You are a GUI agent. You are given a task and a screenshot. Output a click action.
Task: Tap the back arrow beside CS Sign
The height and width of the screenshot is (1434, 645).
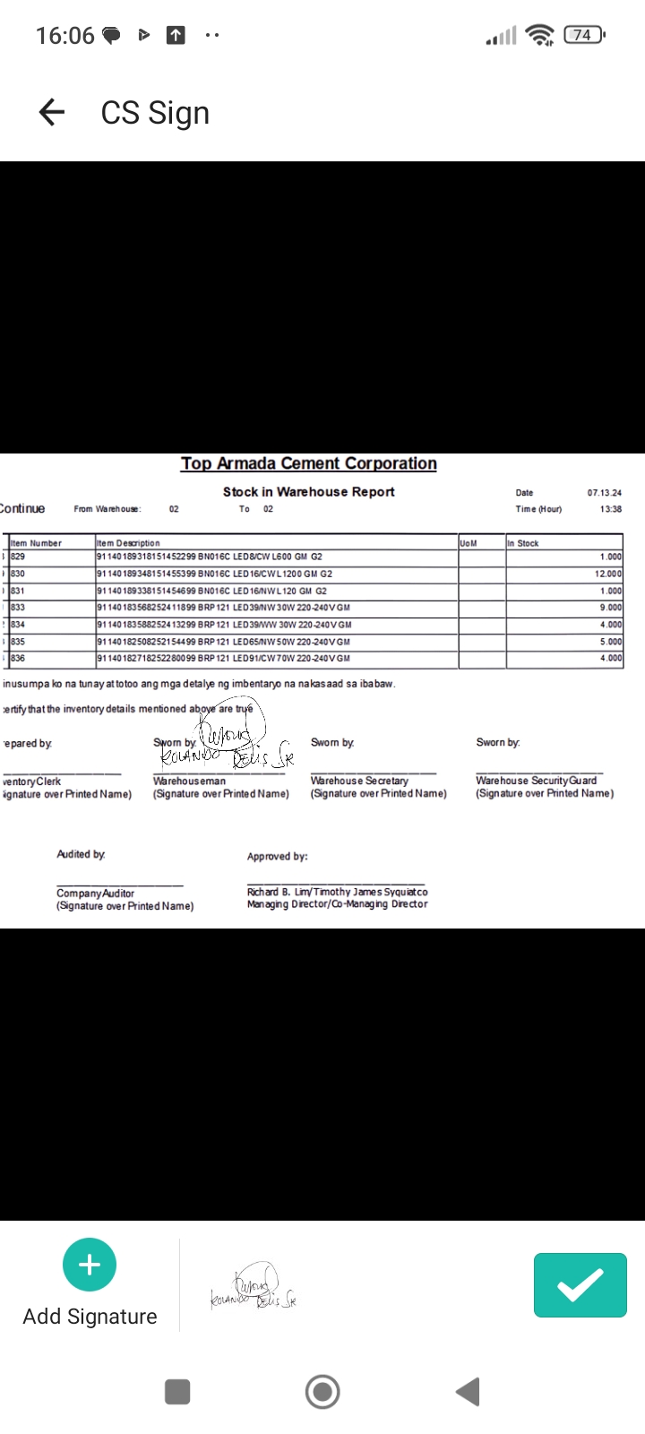pos(52,112)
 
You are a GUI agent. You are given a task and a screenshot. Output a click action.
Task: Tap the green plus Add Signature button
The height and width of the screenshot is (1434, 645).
pos(90,1265)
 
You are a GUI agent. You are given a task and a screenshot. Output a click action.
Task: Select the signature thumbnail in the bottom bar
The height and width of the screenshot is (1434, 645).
pos(253,1288)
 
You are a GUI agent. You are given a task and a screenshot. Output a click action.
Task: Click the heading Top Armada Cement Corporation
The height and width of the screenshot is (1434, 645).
pos(309,463)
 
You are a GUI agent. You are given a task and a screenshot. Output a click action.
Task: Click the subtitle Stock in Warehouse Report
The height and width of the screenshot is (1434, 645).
pos(309,492)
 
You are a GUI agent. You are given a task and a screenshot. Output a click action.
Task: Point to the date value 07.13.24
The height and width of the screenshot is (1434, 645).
pos(605,493)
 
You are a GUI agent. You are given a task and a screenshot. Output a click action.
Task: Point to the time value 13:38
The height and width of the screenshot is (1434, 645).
pos(611,509)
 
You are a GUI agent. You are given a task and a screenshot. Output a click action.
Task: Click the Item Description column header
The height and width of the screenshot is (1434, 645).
pos(128,543)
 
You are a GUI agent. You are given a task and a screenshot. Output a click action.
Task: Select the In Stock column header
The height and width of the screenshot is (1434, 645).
pos(523,543)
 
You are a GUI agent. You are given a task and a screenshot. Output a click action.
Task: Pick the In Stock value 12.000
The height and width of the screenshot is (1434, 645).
pos(608,574)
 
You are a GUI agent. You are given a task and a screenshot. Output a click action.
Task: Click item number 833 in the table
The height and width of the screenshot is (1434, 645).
pos(18,608)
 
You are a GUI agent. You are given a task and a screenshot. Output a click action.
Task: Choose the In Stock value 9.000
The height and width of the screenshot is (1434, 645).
pos(611,608)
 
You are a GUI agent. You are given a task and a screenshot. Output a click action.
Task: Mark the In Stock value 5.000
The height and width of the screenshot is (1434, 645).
pos(611,642)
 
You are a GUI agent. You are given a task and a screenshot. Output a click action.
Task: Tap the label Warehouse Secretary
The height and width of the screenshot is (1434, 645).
pos(359,781)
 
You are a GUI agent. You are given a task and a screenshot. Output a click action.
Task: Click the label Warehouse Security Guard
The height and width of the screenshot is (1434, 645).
pos(536,781)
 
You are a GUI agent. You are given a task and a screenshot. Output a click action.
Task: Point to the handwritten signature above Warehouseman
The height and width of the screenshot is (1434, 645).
pos(228,742)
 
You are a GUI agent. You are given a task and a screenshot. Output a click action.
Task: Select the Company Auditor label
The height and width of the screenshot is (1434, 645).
pos(95,894)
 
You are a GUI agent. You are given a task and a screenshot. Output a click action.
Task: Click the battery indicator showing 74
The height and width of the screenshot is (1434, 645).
pos(583,35)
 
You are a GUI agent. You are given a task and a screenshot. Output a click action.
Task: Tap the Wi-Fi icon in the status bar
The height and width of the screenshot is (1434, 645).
pos(540,35)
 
